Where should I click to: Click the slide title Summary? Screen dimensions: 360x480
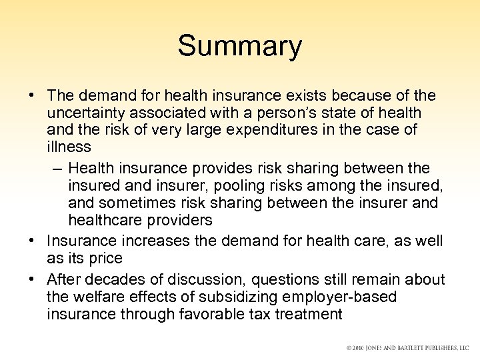(x=240, y=47)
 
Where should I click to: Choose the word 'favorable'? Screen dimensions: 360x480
(x=207, y=314)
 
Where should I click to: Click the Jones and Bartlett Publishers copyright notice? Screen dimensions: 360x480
(x=407, y=348)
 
